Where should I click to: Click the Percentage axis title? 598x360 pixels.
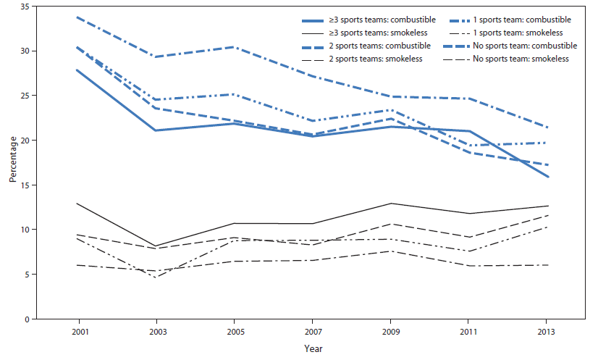(x=11, y=163)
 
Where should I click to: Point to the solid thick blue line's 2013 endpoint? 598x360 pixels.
(x=547, y=177)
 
